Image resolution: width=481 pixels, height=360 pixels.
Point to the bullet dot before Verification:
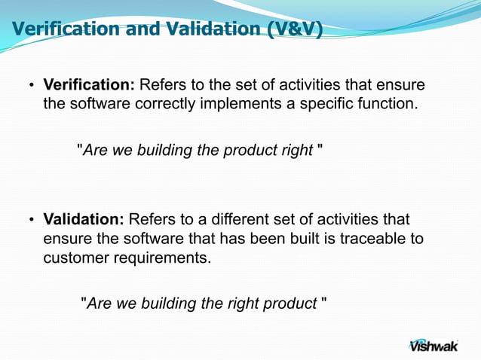click(32, 84)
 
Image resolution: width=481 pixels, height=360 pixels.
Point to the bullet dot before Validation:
click(32, 220)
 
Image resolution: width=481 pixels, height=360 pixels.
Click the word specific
click(327, 103)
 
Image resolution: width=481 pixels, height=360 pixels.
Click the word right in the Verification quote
click(296, 150)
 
